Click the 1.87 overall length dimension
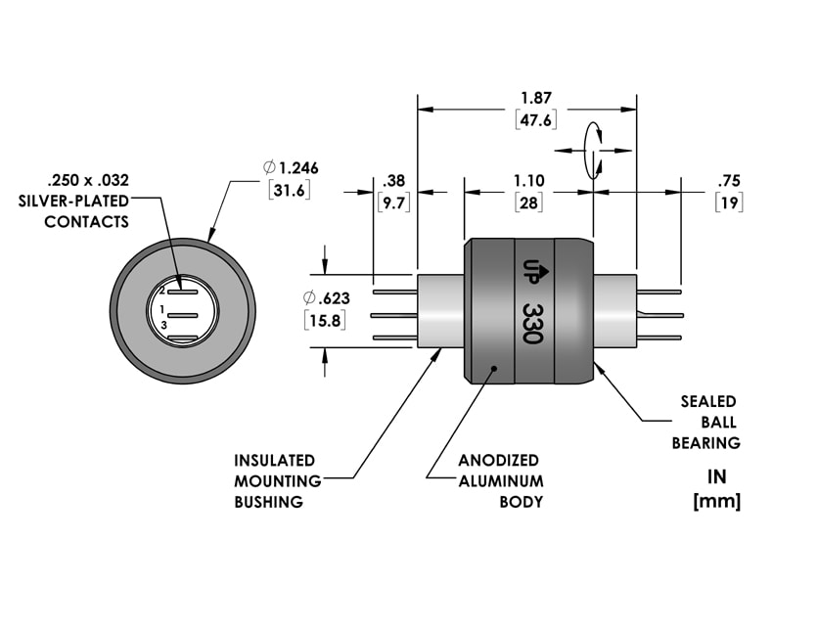coord(534,98)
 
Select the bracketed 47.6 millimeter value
coord(534,119)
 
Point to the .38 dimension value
coord(394,181)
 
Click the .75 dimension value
coord(729,181)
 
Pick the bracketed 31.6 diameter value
coord(289,189)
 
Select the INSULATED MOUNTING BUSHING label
coord(275,480)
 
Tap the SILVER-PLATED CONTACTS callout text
coord(87,201)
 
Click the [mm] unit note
coord(716,502)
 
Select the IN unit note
coord(717,477)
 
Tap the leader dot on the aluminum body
coord(495,369)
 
